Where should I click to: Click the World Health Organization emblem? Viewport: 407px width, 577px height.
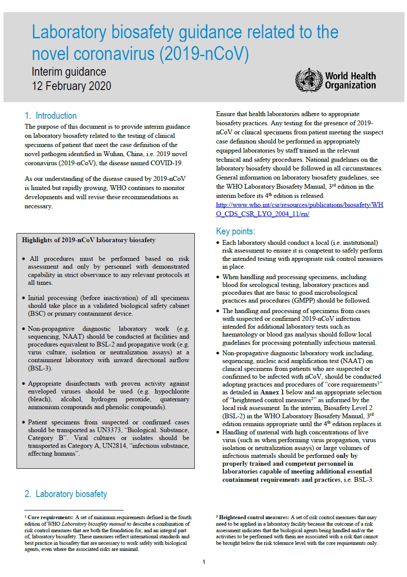[309, 80]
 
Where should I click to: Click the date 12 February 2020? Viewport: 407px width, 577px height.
[71, 86]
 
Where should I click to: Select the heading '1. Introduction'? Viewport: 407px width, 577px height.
[51, 116]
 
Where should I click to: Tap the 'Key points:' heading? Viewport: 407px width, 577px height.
[235, 231]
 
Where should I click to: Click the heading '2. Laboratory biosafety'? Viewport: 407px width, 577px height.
[66, 494]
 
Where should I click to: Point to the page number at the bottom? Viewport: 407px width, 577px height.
[203, 562]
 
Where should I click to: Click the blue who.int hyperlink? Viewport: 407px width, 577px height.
[299, 209]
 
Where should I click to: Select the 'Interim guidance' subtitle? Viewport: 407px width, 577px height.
[69, 72]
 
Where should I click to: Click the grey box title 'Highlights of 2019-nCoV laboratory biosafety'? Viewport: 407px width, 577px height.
[89, 240]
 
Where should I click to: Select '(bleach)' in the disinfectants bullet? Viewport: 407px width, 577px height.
[40, 399]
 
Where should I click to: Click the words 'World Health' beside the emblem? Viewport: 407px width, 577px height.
[350, 76]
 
